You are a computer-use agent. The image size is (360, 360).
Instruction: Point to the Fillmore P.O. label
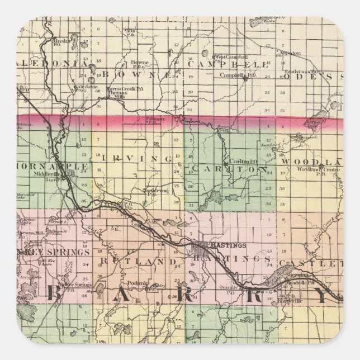click(162, 120)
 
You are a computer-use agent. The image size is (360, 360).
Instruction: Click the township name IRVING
click(136, 158)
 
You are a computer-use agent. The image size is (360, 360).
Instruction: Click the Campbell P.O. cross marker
click(245, 78)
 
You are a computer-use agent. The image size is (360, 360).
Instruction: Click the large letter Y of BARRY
click(320, 296)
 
